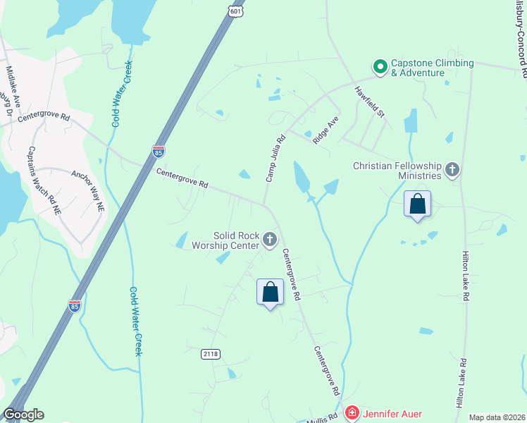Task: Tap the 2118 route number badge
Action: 210,353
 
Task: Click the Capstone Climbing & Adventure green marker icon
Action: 380,67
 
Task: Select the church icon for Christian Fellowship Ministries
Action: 452,169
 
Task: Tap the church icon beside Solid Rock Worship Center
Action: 269,240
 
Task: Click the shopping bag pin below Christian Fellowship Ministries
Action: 418,204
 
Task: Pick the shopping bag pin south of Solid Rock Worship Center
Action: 270,292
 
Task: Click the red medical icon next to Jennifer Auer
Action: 352,412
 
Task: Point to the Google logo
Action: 23,415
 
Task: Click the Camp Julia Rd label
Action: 275,159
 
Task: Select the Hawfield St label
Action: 369,102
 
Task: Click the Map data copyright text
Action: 495,417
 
